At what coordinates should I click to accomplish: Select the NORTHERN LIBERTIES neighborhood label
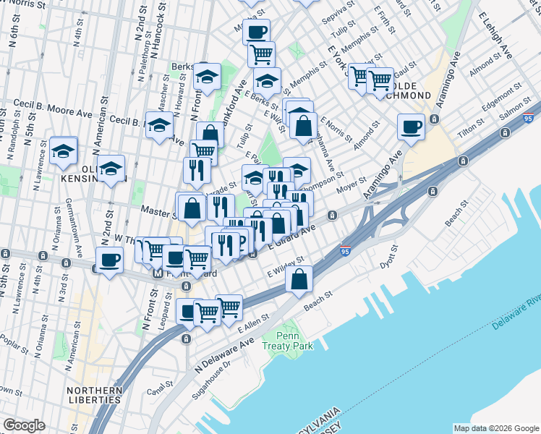pos(94,394)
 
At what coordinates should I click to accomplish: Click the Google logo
pos(24,425)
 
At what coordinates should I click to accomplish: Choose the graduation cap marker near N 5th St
pos(64,151)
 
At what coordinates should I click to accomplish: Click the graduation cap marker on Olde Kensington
pos(111,169)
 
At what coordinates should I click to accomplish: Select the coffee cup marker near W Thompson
pos(110,260)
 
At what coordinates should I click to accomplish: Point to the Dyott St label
pos(390,257)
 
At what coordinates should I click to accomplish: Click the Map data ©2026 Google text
pos(495,428)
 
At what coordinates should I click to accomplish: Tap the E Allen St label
pos(253,320)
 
